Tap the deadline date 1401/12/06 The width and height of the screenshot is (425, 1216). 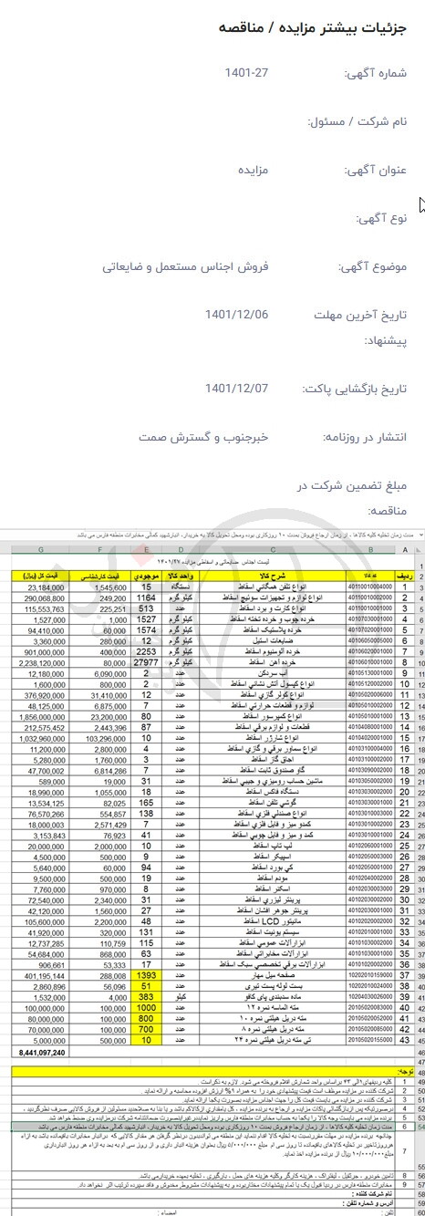point(237,315)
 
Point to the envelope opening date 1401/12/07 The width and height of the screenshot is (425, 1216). point(237,388)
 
